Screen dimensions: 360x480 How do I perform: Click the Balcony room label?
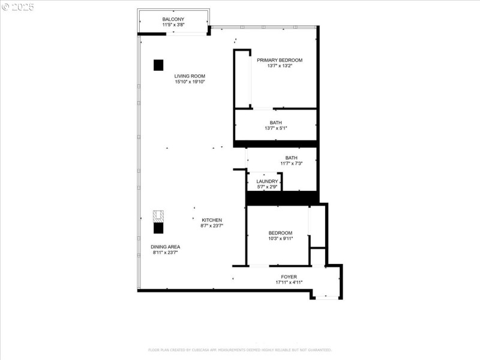pyautogui.click(x=173, y=20)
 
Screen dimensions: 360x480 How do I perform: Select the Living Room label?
pyautogui.click(x=190, y=76)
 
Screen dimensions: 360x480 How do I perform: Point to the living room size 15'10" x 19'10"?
pyautogui.click(x=190, y=82)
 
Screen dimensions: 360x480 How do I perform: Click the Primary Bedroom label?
pyautogui.click(x=280, y=60)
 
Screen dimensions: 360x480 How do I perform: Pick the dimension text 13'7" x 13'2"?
pyautogui.click(x=280, y=66)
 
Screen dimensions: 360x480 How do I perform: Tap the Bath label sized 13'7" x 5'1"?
pyautogui.click(x=275, y=122)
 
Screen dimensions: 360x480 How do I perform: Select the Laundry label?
pyautogui.click(x=267, y=181)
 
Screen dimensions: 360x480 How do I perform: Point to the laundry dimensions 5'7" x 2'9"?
pyautogui.click(x=267, y=187)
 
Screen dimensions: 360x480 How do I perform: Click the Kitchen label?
pyautogui.click(x=212, y=220)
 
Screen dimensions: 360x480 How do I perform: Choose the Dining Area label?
pyautogui.click(x=166, y=247)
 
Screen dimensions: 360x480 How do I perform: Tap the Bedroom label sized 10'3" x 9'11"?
pyautogui.click(x=280, y=233)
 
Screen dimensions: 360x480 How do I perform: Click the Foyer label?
pyautogui.click(x=289, y=277)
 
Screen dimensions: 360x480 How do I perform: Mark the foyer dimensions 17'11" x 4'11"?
pyautogui.click(x=289, y=282)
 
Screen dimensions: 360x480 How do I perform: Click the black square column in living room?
pyautogui.click(x=158, y=65)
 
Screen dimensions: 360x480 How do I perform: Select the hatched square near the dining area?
pyautogui.click(x=158, y=216)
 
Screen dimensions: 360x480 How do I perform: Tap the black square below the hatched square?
pyautogui.click(x=158, y=227)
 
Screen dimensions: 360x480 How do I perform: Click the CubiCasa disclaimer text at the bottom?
pyautogui.click(x=240, y=350)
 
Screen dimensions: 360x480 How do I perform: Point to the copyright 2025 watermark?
pyautogui.click(x=18, y=7)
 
